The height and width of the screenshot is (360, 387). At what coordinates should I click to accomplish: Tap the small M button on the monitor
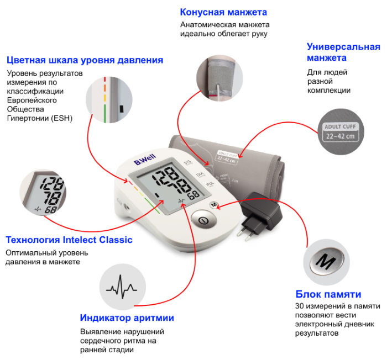pyautogui.click(x=213, y=205)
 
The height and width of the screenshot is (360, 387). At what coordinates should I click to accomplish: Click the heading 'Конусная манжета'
pyautogui.click(x=224, y=12)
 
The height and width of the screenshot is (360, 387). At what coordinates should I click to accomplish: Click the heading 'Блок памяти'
pyautogui.click(x=328, y=294)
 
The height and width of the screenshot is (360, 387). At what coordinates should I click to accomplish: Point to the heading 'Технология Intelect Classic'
pyautogui.click(x=69, y=240)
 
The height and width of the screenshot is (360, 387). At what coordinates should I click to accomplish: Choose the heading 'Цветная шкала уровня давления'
pyautogui.click(x=85, y=60)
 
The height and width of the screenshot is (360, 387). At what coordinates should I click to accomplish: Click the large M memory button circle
pyautogui.click(x=326, y=262)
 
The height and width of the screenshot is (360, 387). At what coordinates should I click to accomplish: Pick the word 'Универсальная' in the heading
pyautogui.click(x=343, y=46)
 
